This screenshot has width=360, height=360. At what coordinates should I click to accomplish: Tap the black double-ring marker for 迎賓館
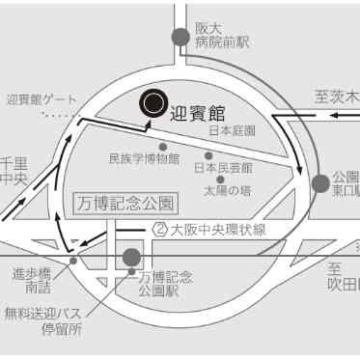pos(152,101)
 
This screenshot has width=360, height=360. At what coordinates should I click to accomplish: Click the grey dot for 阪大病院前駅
pos(179,36)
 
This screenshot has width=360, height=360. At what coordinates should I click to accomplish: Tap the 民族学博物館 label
pos(144,159)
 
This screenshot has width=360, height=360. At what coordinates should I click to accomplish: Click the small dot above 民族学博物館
pos(163,147)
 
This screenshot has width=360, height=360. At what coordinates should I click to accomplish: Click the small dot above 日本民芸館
pos(208,154)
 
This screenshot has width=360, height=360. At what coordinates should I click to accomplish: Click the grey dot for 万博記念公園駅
pos(131,258)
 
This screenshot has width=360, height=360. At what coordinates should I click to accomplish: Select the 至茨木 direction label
pos(337,97)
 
